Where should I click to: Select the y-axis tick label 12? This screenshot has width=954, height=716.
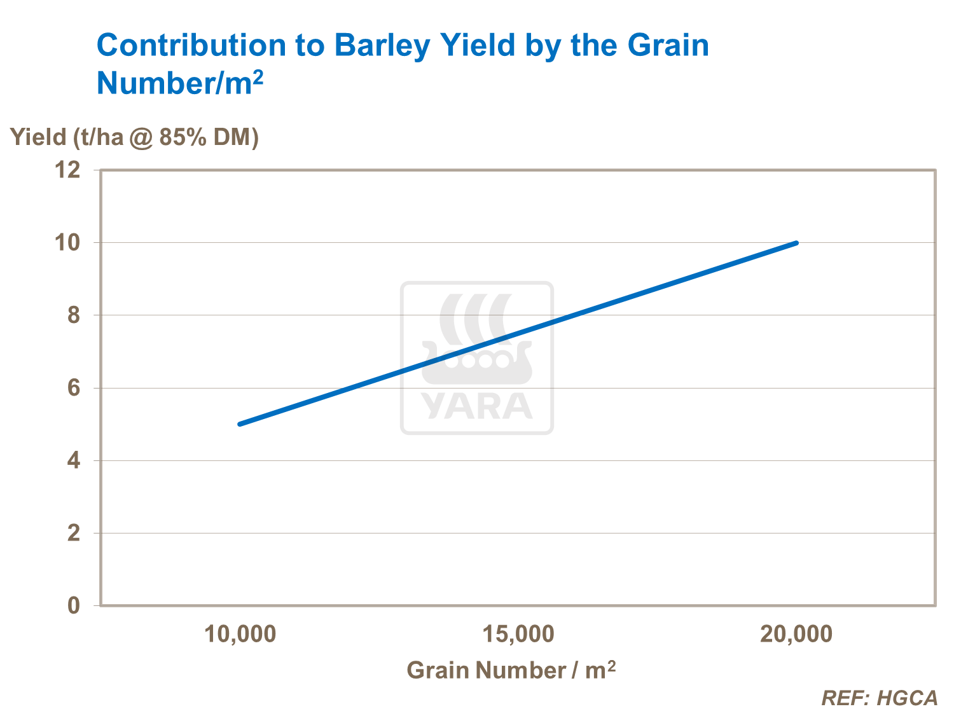pyautogui.click(x=68, y=170)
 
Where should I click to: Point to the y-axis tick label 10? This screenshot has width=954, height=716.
pyautogui.click(x=68, y=242)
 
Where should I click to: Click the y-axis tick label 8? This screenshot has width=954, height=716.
pyautogui.click(x=74, y=315)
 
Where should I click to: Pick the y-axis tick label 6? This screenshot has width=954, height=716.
pyautogui.click(x=74, y=388)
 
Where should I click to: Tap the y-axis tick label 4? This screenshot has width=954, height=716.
pyautogui.click(x=74, y=460)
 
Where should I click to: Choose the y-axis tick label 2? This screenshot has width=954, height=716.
pyautogui.click(x=74, y=533)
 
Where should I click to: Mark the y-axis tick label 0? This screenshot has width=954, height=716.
pyautogui.click(x=74, y=605)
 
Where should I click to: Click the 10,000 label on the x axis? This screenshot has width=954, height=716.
pyautogui.click(x=240, y=634)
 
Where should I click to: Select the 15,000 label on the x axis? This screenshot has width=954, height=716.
pyautogui.click(x=518, y=634)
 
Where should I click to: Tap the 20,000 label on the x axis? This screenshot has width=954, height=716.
pyautogui.click(x=796, y=634)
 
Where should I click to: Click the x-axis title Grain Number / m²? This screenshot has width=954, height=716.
pyautogui.click(x=511, y=670)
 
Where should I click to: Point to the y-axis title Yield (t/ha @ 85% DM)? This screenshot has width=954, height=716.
pyautogui.click(x=134, y=137)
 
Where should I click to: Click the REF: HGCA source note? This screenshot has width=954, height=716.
pyautogui.click(x=880, y=698)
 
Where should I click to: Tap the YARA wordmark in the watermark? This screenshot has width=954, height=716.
pyautogui.click(x=476, y=406)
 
